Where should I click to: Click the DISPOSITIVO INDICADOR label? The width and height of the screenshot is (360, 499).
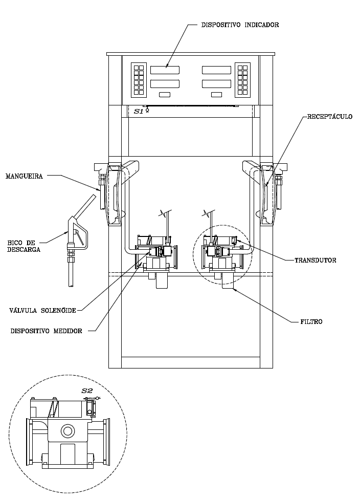click(240, 25)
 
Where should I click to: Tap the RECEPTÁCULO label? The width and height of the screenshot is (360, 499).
click(330, 117)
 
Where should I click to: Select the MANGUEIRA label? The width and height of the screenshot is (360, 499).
click(24, 176)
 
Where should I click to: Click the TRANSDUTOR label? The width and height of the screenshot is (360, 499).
click(316, 261)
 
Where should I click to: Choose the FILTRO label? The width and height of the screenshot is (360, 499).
click(311, 322)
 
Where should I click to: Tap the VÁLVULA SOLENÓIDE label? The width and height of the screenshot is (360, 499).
click(42, 310)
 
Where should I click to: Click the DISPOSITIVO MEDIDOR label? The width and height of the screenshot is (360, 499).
click(46, 331)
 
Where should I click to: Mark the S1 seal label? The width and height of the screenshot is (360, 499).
click(139, 112)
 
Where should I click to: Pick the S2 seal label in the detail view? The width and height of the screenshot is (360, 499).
click(87, 391)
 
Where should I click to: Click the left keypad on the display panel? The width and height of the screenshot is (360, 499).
click(139, 80)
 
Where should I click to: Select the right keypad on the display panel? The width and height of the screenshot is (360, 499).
click(243, 80)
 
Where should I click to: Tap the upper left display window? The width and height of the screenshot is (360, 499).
click(165, 70)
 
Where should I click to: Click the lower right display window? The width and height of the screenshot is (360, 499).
click(217, 84)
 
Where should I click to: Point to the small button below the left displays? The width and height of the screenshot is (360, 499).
click(165, 95)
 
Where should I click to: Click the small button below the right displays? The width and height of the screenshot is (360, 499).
click(217, 95)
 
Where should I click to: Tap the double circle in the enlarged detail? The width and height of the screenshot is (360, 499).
click(67, 431)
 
